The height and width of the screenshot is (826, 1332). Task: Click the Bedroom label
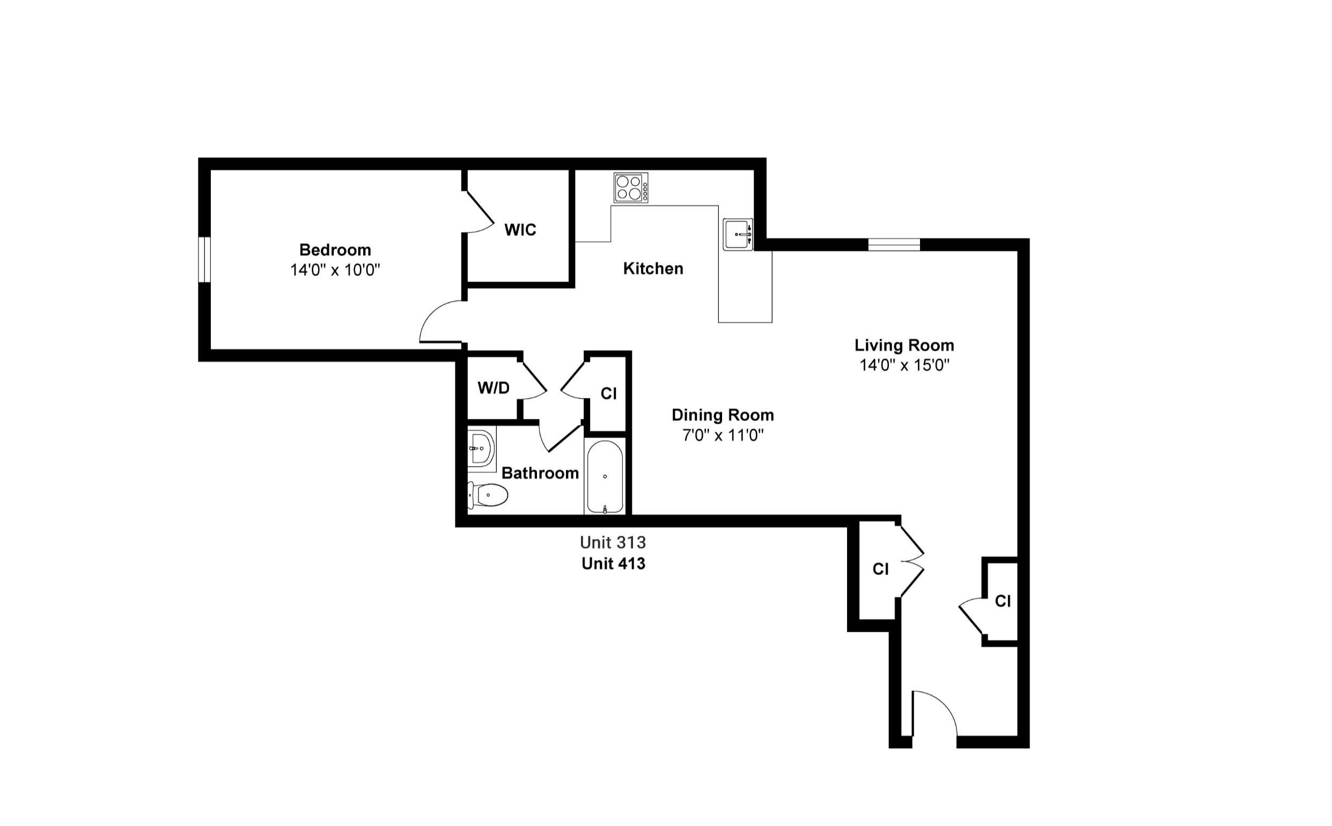point(335,249)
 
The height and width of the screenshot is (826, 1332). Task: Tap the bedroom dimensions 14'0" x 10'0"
point(335,270)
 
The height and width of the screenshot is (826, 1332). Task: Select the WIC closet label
point(520,230)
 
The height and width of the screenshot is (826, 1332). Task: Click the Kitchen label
point(653,268)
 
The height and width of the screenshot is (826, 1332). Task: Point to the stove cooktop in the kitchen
point(630,187)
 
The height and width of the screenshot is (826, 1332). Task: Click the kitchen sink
point(738,234)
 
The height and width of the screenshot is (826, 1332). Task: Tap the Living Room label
point(904,345)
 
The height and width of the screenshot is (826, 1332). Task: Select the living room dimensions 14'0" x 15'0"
point(904,365)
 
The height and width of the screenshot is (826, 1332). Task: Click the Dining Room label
point(723,415)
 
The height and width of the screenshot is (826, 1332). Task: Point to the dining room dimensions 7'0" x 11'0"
point(723,436)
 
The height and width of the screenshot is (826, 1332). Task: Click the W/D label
point(494,388)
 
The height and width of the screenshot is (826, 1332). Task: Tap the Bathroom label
point(540,473)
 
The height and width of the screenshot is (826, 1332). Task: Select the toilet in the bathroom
point(488,495)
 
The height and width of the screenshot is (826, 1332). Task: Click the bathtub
point(605,477)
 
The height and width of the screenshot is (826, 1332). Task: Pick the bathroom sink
point(481,448)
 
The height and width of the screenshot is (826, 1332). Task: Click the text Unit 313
point(613,542)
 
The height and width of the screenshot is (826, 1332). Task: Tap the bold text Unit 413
point(613,563)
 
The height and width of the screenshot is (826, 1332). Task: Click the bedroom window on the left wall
point(204,260)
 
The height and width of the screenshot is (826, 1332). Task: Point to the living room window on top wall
point(894,244)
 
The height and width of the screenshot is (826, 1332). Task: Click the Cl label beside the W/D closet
point(609,393)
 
